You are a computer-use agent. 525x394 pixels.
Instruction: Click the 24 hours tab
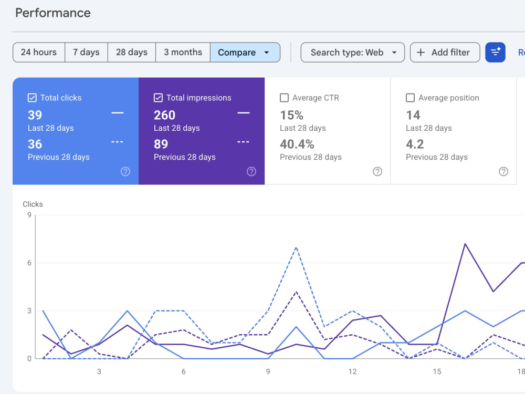click(x=39, y=52)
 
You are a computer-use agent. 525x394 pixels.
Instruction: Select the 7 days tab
click(x=87, y=52)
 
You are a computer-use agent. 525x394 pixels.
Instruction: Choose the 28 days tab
click(x=132, y=52)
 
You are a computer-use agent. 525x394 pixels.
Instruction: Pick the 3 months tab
click(x=183, y=52)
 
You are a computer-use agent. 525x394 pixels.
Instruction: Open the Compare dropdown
click(x=245, y=52)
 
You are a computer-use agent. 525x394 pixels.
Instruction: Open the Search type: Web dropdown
click(x=353, y=52)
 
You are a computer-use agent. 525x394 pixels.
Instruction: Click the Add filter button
click(x=445, y=52)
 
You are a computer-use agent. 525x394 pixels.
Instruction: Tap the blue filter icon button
click(x=495, y=52)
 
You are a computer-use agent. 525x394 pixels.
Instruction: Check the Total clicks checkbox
click(x=32, y=98)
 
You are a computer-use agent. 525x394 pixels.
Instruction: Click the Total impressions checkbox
click(x=158, y=98)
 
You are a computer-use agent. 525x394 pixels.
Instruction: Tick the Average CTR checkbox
click(x=284, y=98)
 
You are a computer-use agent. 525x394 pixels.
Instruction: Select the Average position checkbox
click(x=410, y=98)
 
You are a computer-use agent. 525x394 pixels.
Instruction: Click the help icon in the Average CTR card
click(x=377, y=172)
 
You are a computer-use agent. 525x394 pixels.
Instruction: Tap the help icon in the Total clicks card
click(x=125, y=172)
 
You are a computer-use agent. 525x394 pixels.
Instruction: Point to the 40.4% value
click(x=297, y=144)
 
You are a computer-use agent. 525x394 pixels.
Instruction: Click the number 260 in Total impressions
click(x=164, y=115)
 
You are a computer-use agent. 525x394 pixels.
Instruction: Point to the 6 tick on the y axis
click(x=29, y=263)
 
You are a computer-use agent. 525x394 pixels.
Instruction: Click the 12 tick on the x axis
click(x=353, y=371)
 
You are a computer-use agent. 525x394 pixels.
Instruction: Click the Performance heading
click(x=53, y=13)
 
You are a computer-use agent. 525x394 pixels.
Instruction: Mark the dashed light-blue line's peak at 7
click(x=296, y=247)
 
